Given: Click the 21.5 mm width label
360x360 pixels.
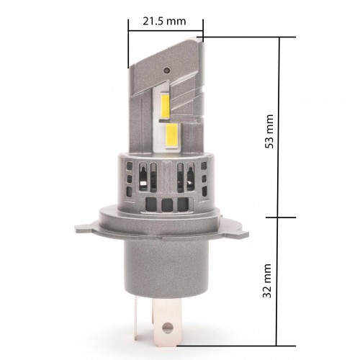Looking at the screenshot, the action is [164, 21].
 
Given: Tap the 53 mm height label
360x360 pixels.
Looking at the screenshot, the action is [269, 131].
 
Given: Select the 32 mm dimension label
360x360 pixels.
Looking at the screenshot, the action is [267, 281].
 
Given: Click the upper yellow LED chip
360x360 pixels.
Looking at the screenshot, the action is [165, 104].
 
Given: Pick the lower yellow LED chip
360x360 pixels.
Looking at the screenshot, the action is [171, 136].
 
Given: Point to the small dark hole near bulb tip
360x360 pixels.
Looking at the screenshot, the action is [166, 71].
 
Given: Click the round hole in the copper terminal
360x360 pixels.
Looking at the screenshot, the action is [167, 327].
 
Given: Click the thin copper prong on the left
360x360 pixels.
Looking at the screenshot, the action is [136, 318].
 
